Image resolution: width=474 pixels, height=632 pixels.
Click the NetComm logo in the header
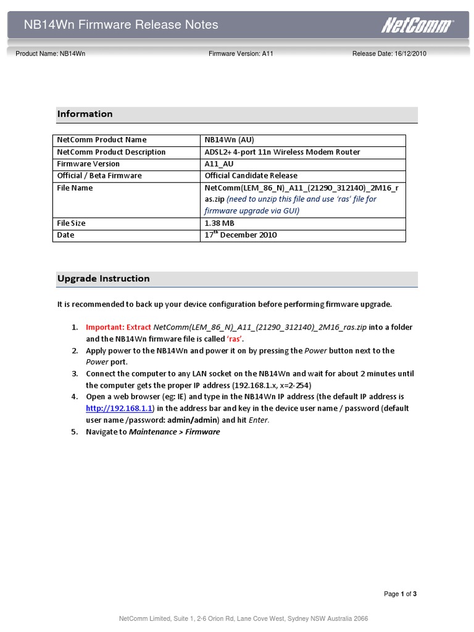pos(417,25)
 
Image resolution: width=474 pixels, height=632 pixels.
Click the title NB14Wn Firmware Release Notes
pos(121,25)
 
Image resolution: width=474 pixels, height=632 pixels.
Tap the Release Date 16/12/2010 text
pos(389,54)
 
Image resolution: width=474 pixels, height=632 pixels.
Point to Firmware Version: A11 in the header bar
pos(241,54)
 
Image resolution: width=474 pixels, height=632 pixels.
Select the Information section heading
pos(85,114)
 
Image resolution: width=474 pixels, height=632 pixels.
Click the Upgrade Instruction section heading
pos(104,278)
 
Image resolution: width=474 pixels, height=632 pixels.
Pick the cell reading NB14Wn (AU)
pos(228,139)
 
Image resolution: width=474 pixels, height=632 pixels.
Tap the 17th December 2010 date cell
pos(241,235)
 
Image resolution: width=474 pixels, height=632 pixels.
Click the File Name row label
pos(75,188)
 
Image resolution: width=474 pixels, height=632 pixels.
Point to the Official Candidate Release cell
pos(251,175)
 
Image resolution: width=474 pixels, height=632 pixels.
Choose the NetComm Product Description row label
pos(111,152)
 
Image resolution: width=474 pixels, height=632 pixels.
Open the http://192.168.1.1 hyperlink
pos(119,409)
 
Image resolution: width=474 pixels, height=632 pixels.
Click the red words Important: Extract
pos(118,327)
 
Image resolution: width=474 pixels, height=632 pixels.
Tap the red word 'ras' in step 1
pos(235,339)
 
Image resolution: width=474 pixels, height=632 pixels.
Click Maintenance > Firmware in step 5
pos(174,432)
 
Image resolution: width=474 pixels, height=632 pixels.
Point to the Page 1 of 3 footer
pos(400,594)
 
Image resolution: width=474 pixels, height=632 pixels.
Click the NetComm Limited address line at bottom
pos(243,618)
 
